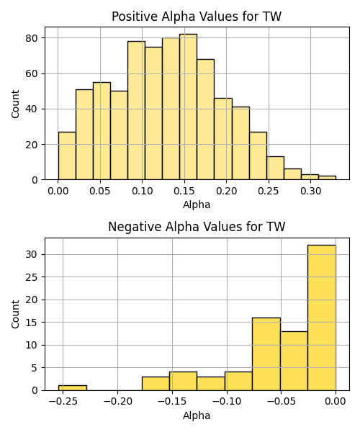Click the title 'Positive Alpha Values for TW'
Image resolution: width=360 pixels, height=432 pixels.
(197, 17)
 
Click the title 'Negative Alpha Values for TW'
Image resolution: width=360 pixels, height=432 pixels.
(197, 227)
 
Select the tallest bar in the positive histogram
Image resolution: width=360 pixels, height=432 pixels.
(188, 107)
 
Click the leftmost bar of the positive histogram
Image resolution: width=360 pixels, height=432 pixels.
(67, 156)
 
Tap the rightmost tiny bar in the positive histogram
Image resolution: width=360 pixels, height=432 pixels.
(327, 178)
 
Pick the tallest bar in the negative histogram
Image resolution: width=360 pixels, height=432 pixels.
(322, 318)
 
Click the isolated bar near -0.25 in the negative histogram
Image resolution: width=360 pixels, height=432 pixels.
(73, 388)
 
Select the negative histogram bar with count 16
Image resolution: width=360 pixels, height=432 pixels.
(266, 354)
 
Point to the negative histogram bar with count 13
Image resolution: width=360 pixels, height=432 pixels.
(294, 361)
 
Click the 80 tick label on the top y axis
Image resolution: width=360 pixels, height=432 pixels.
(32, 38)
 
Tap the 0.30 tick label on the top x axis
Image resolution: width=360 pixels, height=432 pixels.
(311, 191)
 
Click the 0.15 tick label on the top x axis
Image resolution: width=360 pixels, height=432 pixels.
(184, 191)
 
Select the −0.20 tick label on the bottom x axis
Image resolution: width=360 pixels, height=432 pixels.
(118, 402)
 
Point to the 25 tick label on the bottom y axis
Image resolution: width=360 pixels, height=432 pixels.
(32, 277)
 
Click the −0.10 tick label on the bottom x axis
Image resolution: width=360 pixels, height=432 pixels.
(227, 402)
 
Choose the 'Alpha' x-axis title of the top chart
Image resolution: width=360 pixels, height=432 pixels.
(197, 204)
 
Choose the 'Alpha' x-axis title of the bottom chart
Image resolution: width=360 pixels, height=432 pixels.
(197, 415)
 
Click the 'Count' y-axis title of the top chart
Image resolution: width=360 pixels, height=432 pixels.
(15, 104)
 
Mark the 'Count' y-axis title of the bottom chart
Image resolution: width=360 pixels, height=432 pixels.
(15, 314)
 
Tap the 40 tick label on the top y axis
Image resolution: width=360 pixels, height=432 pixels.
(32, 109)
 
